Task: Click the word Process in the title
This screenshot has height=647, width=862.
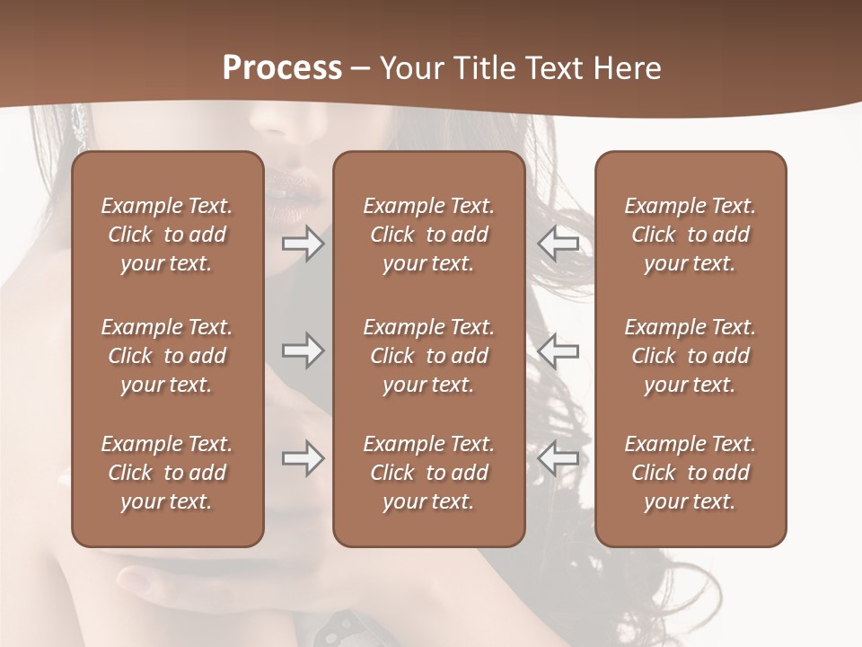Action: (282, 67)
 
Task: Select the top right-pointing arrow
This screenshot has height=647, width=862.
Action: (303, 244)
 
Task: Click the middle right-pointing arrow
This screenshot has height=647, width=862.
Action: (303, 350)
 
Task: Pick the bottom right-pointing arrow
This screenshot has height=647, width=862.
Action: (303, 459)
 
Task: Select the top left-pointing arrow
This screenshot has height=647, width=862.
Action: (559, 244)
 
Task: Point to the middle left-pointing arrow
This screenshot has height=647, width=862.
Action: (559, 350)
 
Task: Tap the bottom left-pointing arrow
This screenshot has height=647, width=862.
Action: (559, 459)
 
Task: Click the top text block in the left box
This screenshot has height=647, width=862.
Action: (167, 235)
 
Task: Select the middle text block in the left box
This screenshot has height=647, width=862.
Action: (167, 356)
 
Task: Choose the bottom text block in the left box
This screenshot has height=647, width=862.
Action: (167, 473)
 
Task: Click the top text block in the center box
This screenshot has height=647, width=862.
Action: (428, 235)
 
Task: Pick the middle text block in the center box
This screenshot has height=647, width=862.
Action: (428, 356)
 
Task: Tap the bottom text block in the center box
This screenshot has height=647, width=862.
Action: (428, 473)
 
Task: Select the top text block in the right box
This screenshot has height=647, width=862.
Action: (690, 235)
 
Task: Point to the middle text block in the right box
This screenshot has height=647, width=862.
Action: (690, 356)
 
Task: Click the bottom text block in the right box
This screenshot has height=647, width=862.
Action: (690, 473)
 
